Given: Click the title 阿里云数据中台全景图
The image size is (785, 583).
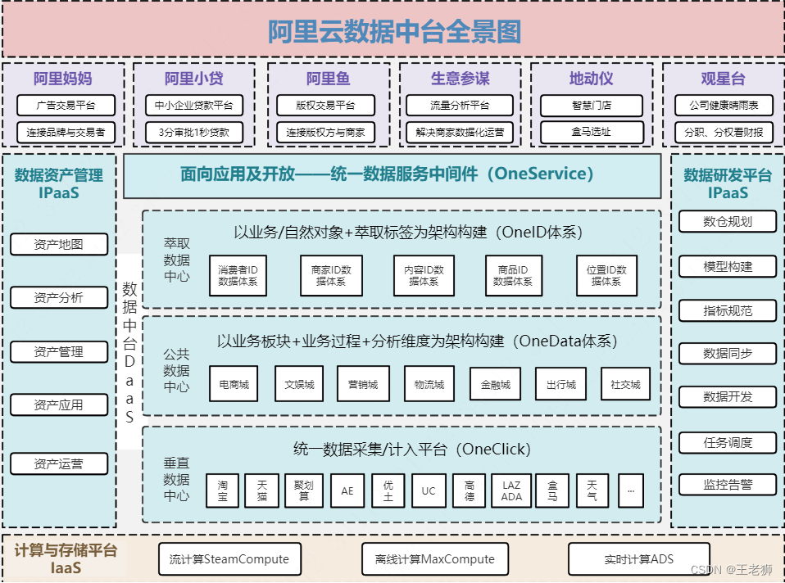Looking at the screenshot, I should (x=393, y=31).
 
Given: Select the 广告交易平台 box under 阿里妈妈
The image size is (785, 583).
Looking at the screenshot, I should (x=66, y=105).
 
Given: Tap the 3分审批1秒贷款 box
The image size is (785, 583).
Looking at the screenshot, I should (x=193, y=132).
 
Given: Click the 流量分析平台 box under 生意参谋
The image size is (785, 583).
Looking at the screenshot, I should (x=460, y=105).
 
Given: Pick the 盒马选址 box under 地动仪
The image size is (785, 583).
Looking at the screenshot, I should (x=592, y=132).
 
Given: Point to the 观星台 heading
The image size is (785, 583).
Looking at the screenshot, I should (x=723, y=79).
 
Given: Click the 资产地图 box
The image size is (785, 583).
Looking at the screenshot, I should (x=58, y=244).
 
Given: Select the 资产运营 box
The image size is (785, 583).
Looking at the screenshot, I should (x=58, y=464).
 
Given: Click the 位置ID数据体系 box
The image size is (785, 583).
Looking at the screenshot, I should (x=606, y=275).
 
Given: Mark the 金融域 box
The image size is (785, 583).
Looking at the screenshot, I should (x=495, y=384).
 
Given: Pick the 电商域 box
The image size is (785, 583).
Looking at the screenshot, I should (x=234, y=384).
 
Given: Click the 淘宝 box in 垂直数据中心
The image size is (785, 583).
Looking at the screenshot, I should (x=223, y=491).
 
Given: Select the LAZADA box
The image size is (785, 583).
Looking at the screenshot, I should (x=511, y=491).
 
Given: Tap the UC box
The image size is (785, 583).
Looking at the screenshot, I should (x=429, y=491).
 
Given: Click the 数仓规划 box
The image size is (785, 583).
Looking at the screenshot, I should (x=727, y=221).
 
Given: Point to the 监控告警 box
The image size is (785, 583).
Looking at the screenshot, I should (x=727, y=485).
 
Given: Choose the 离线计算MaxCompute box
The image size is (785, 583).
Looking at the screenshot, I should (x=434, y=559).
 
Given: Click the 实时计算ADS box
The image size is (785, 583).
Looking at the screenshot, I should (x=638, y=559).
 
